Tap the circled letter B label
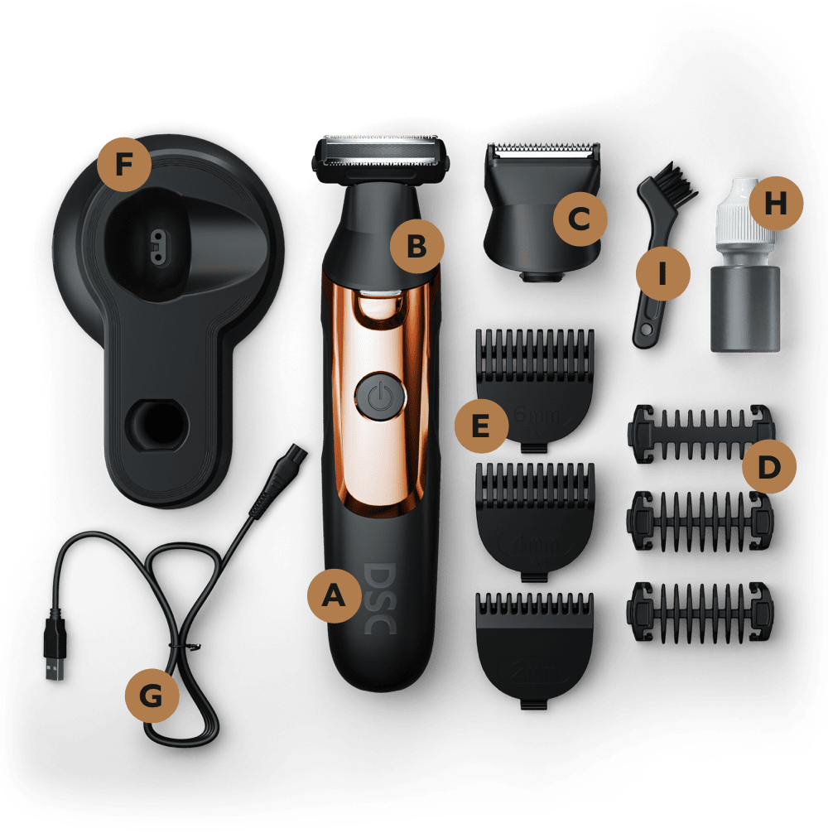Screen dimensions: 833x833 point(416,245)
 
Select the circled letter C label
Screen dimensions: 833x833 point(580,219)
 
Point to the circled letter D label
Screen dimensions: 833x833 point(769,466)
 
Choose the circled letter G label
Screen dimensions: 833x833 point(152,696)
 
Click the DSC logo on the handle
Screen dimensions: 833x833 point(379,599)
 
